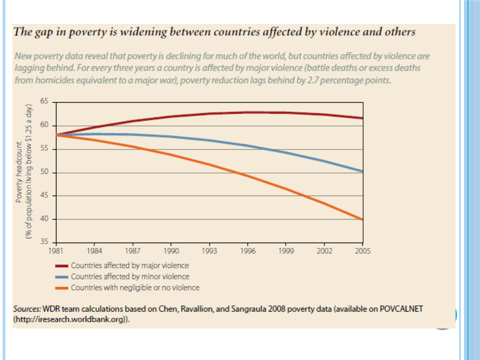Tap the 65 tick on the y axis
click(44, 101)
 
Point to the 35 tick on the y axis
click(44, 242)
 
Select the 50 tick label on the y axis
click(44, 172)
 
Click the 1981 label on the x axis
click(56, 251)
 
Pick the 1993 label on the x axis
click(209, 251)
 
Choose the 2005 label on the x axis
click(363, 251)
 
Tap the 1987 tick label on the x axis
click(132, 251)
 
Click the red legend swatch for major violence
click(61, 266)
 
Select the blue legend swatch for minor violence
click(61, 277)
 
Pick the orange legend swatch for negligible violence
click(61, 288)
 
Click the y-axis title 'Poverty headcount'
click(19, 172)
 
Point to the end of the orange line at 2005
click(363, 219)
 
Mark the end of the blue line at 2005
click(363, 171)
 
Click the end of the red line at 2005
click(363, 118)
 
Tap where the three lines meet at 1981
click(56, 135)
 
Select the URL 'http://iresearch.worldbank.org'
click(71, 319)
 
